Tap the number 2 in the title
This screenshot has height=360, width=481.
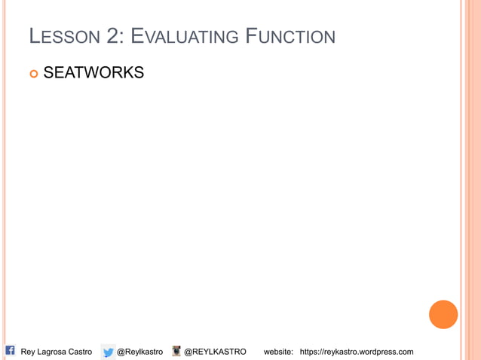click(x=109, y=35)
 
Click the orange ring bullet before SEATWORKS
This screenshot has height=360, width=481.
click(x=33, y=73)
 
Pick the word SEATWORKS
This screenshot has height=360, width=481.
click(x=93, y=73)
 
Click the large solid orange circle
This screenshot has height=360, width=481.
click(x=443, y=314)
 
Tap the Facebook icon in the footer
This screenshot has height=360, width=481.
click(x=11, y=350)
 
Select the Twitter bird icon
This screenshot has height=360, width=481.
click(x=109, y=352)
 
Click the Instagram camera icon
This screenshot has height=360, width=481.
click(x=176, y=351)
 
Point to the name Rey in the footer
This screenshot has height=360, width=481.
click(x=29, y=352)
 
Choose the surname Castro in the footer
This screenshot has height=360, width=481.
click(x=80, y=352)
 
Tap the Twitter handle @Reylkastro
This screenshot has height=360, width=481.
click(x=139, y=352)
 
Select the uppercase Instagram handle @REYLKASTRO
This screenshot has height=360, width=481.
click(x=215, y=352)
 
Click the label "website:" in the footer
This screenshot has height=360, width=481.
click(x=278, y=352)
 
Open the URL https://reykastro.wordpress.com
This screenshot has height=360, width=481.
click(x=357, y=352)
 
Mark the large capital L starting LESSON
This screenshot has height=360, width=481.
click(x=34, y=35)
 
